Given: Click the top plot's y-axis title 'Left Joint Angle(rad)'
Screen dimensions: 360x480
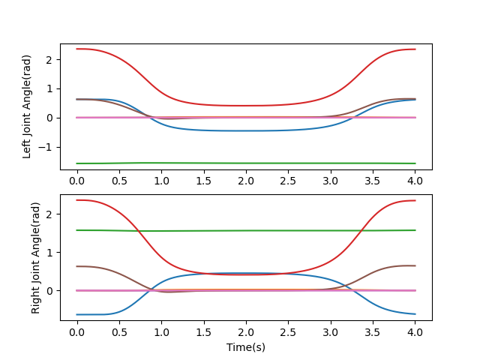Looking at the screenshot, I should [x=27, y=106].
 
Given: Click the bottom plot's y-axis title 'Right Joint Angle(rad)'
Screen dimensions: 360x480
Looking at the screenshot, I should [x=36, y=257].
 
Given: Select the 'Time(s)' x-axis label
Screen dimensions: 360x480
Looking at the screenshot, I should [x=246, y=347].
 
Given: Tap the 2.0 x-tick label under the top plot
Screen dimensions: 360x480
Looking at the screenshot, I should [x=246, y=181].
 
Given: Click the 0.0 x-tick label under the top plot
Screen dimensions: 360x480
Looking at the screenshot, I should [x=76, y=181].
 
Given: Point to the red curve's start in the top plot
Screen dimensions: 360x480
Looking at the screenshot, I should [x=77, y=49].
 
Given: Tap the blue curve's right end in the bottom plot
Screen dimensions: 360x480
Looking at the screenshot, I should [x=415, y=314].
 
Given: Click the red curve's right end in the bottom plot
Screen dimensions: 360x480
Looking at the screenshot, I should [x=415, y=200].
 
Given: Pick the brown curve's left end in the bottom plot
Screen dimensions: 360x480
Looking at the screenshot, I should [x=77, y=266].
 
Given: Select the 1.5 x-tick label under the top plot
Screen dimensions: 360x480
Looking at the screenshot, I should [x=203, y=181].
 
